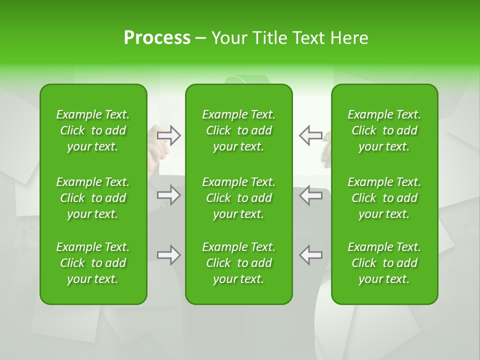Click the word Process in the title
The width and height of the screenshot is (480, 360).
pyautogui.click(x=157, y=38)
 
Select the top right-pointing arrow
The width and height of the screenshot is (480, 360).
pyautogui.click(x=169, y=135)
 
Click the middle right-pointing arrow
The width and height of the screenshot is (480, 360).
pyautogui.click(x=169, y=195)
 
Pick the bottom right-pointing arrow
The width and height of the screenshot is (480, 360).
pyautogui.click(x=169, y=255)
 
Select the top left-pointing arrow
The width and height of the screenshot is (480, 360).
pyautogui.click(x=310, y=135)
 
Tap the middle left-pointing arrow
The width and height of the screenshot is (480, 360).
pyautogui.click(x=310, y=195)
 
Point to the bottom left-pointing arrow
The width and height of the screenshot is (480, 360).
pyautogui.click(x=310, y=255)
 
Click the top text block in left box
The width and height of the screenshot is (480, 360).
pyautogui.click(x=93, y=130)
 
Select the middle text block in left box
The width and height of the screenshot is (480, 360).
pyautogui.click(x=93, y=198)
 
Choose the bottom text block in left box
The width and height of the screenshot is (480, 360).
pyautogui.click(x=93, y=263)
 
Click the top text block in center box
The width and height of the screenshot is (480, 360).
pyautogui.click(x=238, y=130)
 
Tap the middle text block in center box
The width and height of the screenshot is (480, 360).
pyautogui.click(x=238, y=198)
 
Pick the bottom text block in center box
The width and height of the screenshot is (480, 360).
pyautogui.click(x=238, y=263)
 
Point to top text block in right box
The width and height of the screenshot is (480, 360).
pyautogui.click(x=384, y=130)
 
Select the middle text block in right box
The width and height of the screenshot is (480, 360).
pyautogui.click(x=384, y=198)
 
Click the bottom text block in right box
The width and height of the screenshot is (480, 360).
pyautogui.click(x=384, y=263)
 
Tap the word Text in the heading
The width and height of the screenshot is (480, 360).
pyautogui.click(x=307, y=38)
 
